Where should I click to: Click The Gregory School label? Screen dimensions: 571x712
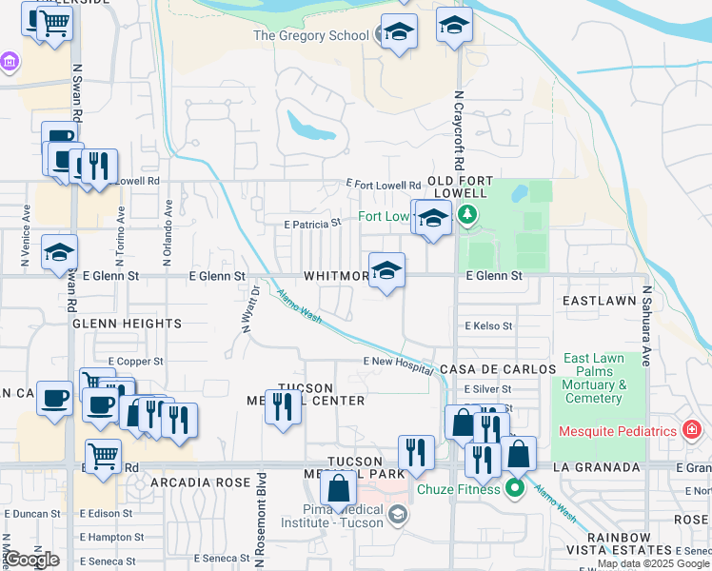(x=310, y=36)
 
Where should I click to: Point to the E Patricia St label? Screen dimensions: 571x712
(x=312, y=223)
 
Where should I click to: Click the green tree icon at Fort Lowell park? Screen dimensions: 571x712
(x=466, y=216)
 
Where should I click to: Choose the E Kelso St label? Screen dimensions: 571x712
(x=488, y=325)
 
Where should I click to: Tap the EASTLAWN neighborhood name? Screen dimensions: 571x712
(x=599, y=300)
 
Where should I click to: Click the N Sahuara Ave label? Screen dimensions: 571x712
(x=646, y=327)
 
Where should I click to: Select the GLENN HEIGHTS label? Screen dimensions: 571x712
(x=128, y=324)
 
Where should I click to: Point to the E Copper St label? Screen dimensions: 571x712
(x=136, y=362)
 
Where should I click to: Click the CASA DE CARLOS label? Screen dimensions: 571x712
(x=497, y=368)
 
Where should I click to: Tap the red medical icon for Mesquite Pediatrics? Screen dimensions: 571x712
(x=692, y=430)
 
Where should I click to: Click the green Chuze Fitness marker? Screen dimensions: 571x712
(x=515, y=489)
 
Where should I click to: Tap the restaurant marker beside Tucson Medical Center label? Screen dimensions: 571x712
(x=282, y=406)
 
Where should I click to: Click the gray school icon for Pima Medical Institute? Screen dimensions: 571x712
(x=398, y=515)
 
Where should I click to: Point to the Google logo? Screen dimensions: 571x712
(x=32, y=560)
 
